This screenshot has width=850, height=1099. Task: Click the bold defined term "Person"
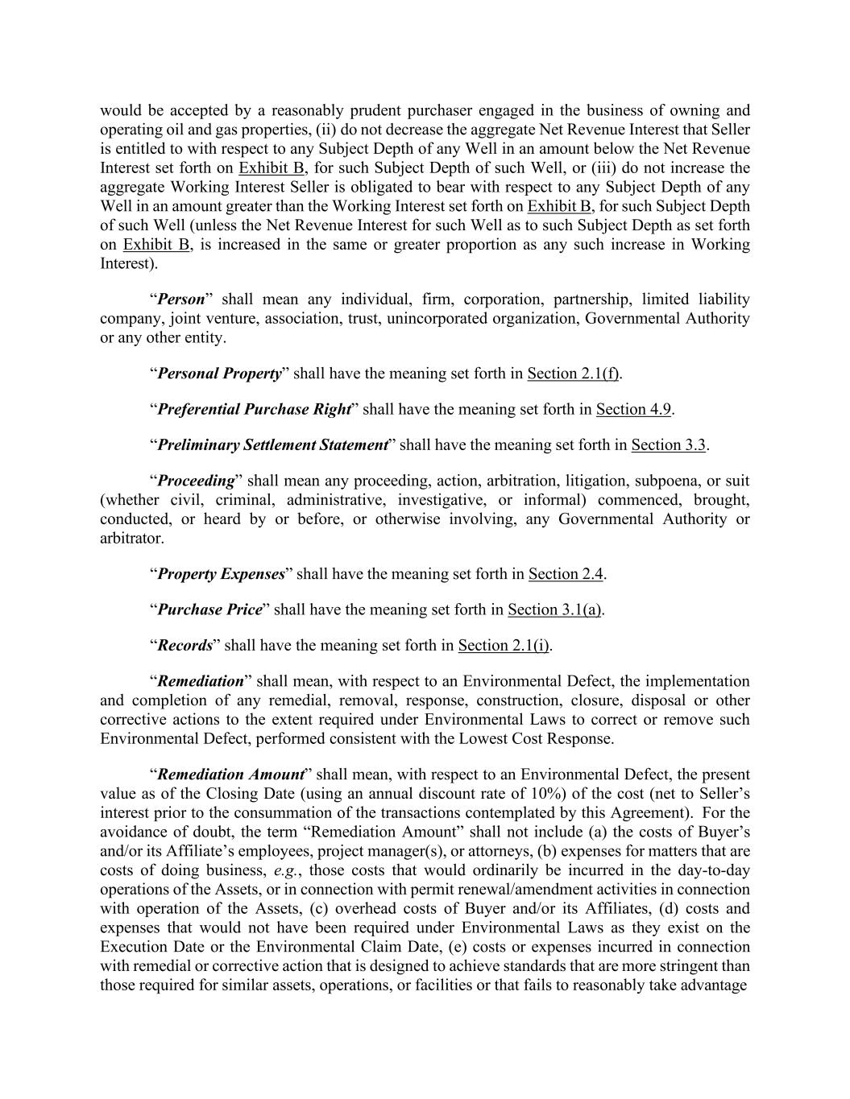181,300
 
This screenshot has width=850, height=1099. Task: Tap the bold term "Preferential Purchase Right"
255,409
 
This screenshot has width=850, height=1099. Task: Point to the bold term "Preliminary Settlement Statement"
272,445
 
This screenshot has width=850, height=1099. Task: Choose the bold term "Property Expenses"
221,574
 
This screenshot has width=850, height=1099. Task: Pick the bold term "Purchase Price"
209,609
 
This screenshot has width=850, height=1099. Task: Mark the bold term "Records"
185,646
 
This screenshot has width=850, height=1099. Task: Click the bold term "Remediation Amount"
230,775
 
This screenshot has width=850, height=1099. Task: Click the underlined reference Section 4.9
633,409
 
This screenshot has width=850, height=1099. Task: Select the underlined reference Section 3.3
668,445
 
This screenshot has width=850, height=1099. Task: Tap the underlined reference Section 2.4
566,574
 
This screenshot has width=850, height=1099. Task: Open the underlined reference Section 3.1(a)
554,609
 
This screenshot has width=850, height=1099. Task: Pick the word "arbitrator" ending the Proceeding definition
131,538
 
